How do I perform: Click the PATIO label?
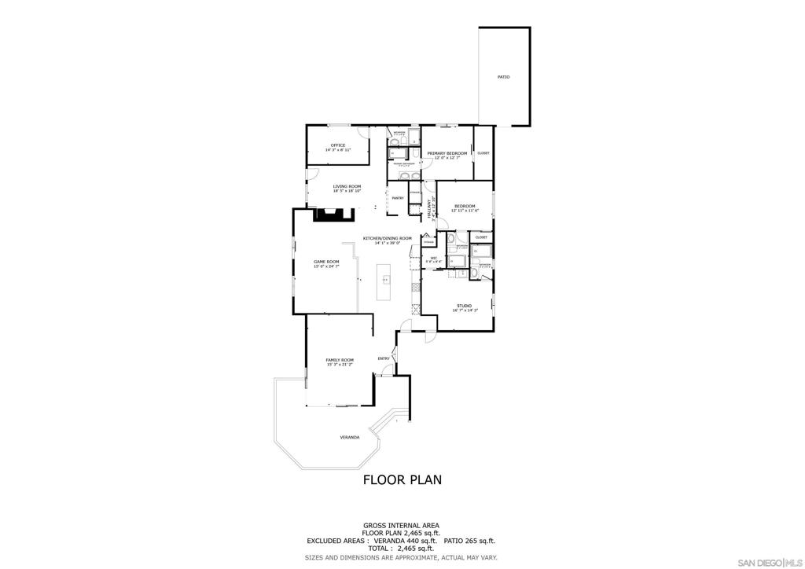503,77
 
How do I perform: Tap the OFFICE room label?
338,145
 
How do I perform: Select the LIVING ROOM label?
347,186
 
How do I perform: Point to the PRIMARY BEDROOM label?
447,153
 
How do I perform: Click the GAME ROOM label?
326,262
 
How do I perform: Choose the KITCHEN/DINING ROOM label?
387,238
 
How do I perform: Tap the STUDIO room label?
465,306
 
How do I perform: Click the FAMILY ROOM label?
340,360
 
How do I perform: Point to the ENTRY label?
384,359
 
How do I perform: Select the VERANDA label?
349,437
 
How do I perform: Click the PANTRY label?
398,198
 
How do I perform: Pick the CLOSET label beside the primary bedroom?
483,153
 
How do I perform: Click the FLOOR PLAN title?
402,479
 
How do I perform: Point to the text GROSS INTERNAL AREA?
401,525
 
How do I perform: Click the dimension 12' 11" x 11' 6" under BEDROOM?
465,211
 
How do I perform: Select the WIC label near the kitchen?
433,258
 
